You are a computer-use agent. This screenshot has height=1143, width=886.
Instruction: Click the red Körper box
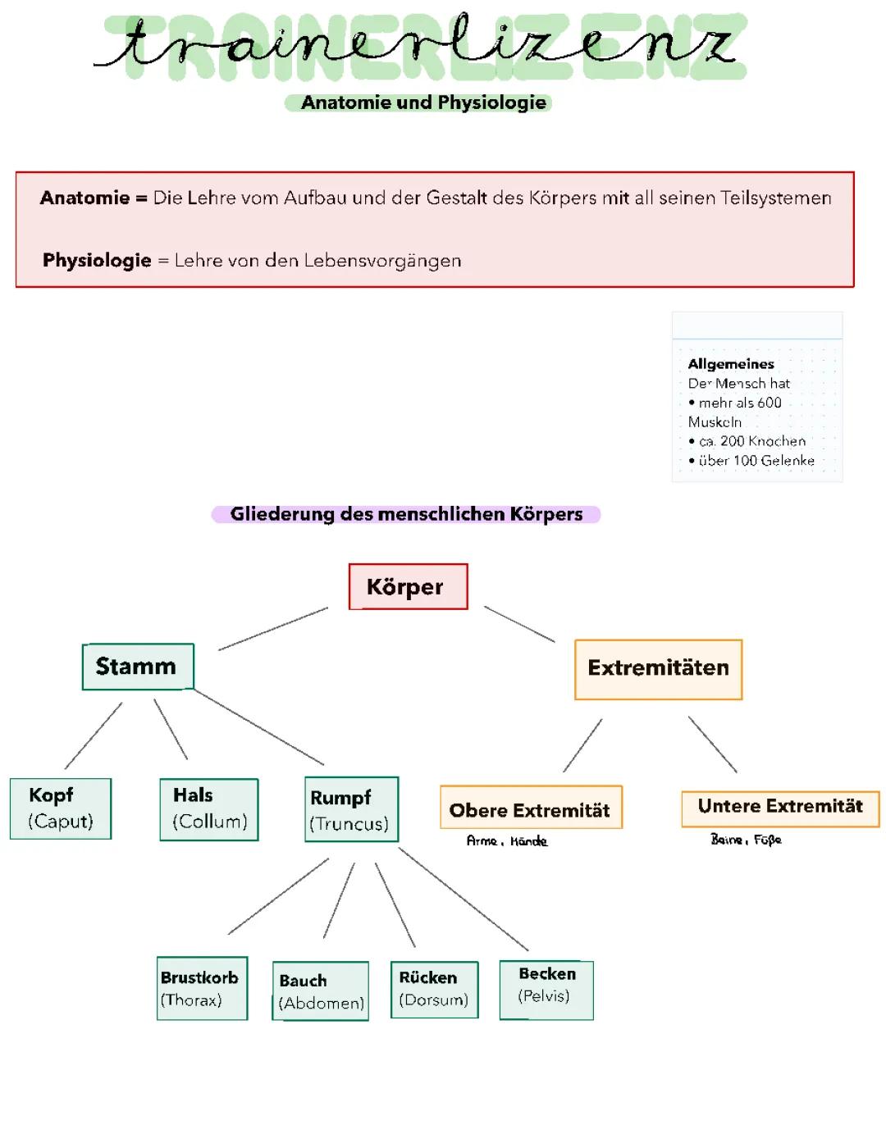[408, 587]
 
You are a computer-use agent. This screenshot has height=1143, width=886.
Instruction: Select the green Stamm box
[138, 667]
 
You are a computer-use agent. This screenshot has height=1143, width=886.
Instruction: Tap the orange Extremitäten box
[658, 669]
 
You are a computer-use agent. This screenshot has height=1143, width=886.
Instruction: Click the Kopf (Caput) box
[60, 808]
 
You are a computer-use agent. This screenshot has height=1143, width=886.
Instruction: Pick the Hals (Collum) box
[209, 809]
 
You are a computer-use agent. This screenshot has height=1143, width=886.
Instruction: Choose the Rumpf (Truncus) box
[351, 810]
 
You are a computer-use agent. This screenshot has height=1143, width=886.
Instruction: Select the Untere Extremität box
[779, 808]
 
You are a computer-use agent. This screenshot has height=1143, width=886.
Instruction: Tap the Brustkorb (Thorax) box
[202, 988]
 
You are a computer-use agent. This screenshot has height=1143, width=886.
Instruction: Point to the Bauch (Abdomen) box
[320, 991]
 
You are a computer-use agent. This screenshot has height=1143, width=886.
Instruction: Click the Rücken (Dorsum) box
[434, 990]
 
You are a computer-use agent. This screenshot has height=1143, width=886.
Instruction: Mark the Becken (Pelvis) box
[546, 990]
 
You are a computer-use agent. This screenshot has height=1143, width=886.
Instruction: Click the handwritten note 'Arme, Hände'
[506, 841]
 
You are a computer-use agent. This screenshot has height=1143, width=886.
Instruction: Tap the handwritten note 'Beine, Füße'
[746, 840]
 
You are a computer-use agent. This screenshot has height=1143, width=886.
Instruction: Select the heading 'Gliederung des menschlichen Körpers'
[406, 514]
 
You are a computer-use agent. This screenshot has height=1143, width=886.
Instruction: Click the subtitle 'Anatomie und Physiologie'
[423, 102]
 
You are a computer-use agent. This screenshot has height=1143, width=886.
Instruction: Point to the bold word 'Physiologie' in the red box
[97, 261]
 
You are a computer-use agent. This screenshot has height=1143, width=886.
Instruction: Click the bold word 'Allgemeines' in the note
[731, 364]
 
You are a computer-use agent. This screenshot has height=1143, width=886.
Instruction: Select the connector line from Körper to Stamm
[273, 629]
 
